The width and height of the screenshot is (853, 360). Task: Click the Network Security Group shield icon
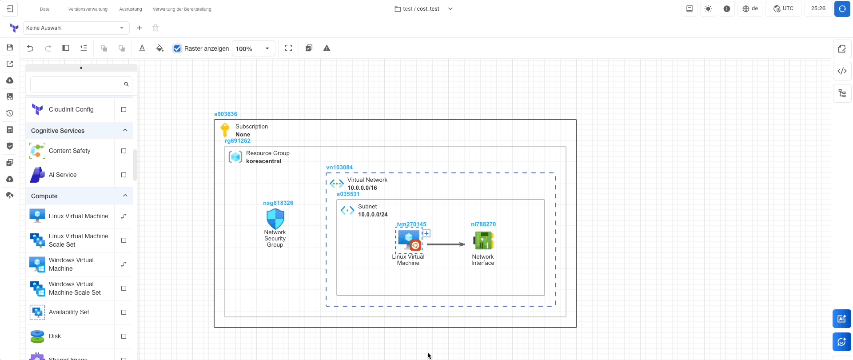click(x=275, y=219)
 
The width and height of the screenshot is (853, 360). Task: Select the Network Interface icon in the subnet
click(x=483, y=241)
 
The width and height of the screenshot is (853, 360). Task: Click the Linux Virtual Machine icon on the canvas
click(x=409, y=240)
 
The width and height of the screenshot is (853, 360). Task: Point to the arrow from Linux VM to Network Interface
click(x=446, y=244)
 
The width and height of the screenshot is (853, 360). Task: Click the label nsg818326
click(x=278, y=203)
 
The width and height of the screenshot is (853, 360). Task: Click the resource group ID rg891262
click(x=238, y=141)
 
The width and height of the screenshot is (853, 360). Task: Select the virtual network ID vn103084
click(x=339, y=168)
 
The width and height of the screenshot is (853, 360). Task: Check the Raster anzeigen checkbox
click(x=178, y=48)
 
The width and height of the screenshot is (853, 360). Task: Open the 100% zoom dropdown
click(x=253, y=48)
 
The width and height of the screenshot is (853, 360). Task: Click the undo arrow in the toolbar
click(x=30, y=48)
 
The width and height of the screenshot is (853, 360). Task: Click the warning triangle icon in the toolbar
click(x=327, y=48)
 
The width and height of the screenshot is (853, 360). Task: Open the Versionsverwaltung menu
click(x=88, y=9)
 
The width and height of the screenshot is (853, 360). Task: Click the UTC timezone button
click(x=783, y=9)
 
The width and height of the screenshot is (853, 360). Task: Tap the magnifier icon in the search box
click(x=127, y=84)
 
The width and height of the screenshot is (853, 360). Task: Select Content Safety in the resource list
click(x=70, y=151)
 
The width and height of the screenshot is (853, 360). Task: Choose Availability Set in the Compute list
click(x=69, y=312)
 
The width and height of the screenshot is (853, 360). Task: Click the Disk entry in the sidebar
click(x=55, y=336)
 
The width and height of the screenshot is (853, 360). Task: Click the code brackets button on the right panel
click(x=842, y=71)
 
